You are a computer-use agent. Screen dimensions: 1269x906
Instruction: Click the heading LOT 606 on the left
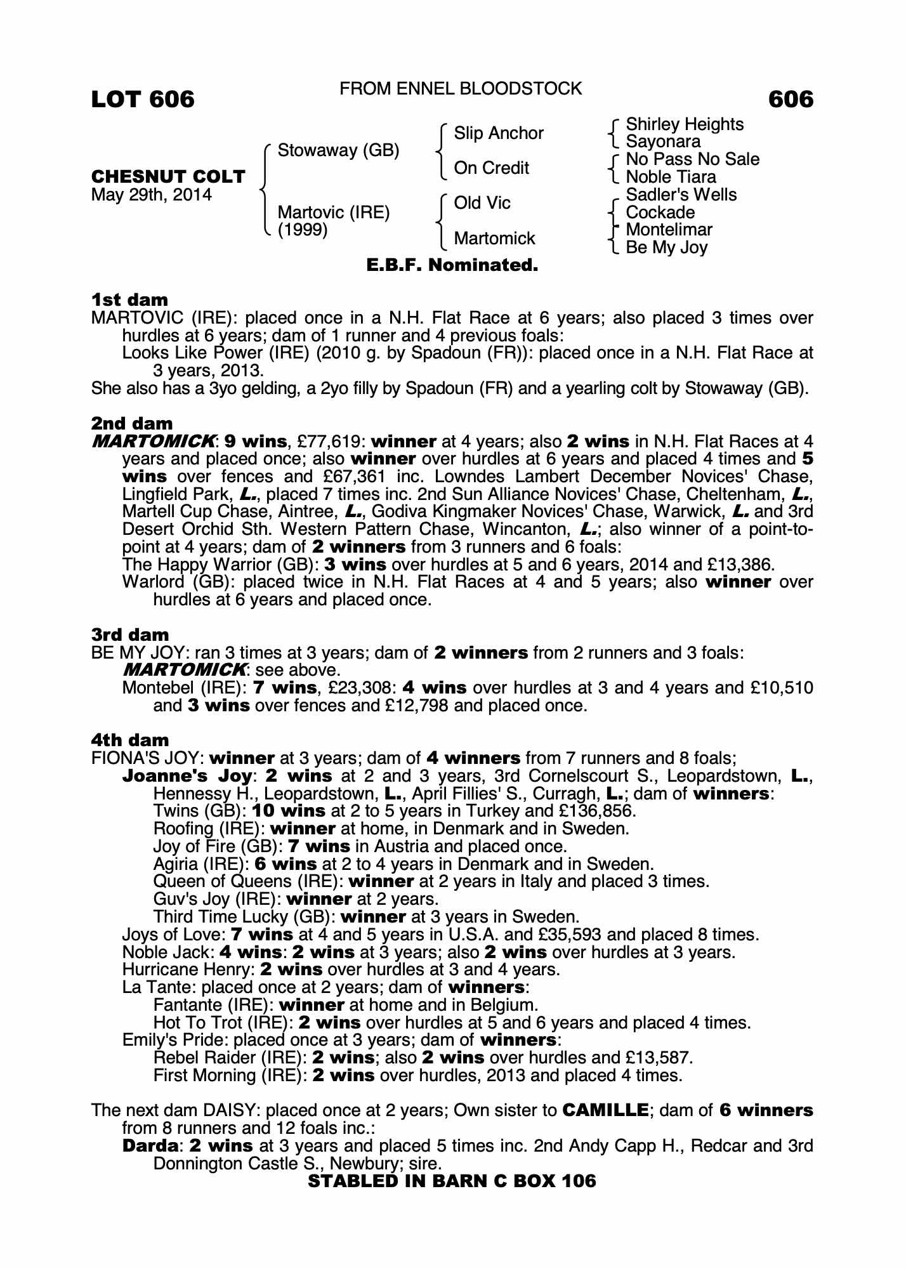pos(143,100)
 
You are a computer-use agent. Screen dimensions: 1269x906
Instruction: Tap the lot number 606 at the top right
pos(790,100)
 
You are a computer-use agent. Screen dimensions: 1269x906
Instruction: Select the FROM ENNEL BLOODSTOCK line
pos(461,89)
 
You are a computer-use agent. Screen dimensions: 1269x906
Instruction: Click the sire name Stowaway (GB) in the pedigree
pos(338,150)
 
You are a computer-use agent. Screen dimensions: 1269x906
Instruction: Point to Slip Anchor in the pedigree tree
pos(499,133)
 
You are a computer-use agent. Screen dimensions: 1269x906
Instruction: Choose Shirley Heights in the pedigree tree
pos(685,124)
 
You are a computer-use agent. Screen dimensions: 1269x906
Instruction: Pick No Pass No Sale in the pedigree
pos(692,159)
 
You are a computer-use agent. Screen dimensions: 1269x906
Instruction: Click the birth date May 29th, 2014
pos(152,194)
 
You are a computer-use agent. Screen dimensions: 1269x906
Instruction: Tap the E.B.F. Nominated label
pos(452,265)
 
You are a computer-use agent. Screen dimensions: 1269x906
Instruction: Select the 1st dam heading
pos(130,299)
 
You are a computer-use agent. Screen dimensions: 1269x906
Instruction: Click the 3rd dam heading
pos(130,634)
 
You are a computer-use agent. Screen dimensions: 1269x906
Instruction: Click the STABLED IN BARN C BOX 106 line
pos(452,1181)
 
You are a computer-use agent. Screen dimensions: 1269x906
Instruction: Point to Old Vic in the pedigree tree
pos(482,203)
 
